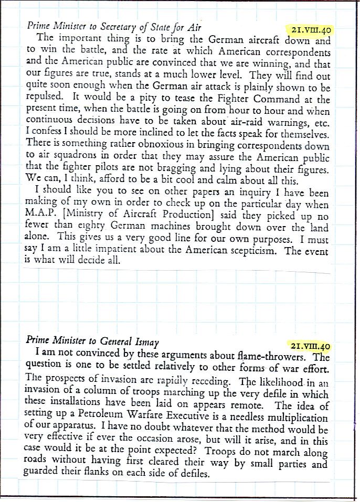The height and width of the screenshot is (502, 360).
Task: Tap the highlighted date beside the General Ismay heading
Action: click(312, 346)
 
